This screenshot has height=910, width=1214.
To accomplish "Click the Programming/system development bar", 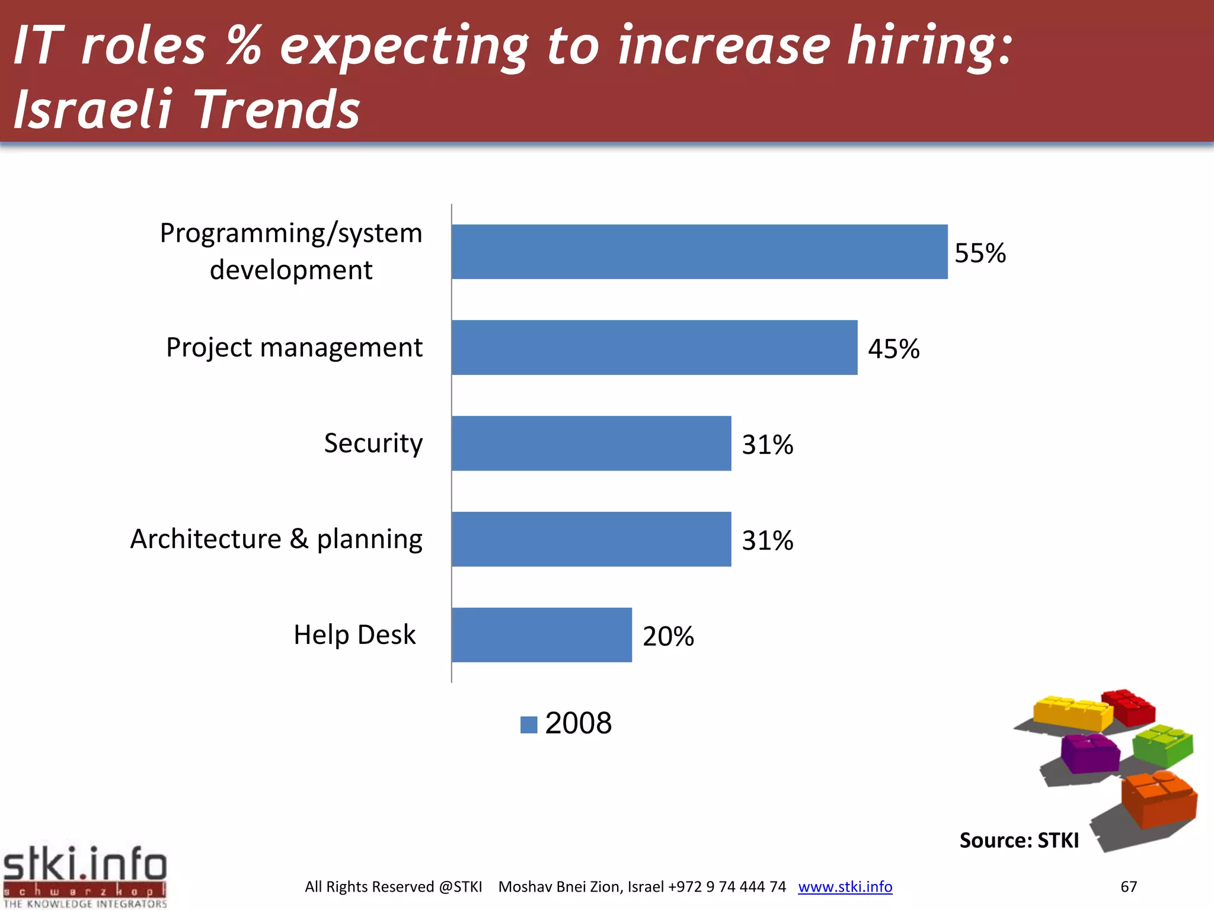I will [x=699, y=252].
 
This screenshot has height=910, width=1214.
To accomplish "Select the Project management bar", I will [x=654, y=348].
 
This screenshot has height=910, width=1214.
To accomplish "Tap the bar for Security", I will [x=591, y=444].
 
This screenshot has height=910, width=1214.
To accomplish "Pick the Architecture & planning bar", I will [x=591, y=539].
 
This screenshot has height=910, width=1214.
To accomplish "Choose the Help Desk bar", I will [x=541, y=635].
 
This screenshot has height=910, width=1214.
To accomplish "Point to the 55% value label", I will [x=980, y=254].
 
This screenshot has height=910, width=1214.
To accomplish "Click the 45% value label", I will [x=893, y=349].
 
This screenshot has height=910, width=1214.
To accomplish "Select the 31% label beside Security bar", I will [x=767, y=445].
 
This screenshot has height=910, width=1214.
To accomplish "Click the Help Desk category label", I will [x=354, y=635].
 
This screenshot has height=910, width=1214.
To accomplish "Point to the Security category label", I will [x=373, y=443].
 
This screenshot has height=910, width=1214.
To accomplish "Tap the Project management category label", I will [x=294, y=348].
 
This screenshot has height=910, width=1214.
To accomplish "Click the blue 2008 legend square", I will [x=528, y=725].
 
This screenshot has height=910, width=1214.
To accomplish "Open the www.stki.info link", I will [x=845, y=887].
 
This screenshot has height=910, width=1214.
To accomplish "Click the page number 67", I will [x=1128, y=887].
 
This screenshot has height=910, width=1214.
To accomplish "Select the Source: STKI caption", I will [x=1019, y=841].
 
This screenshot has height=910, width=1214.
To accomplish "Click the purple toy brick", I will [x=1090, y=753].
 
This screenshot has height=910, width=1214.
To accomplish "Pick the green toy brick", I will [x=1162, y=745].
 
